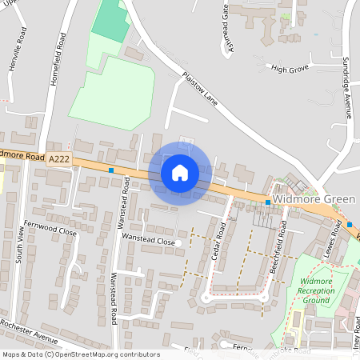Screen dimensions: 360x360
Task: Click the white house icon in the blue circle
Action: (x=179, y=173)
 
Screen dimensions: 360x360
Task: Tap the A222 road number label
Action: (x=59, y=160)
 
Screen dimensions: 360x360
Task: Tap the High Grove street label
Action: (x=289, y=70)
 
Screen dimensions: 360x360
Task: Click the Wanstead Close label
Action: (x=147, y=238)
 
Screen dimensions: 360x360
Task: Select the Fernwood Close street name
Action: (x=50, y=230)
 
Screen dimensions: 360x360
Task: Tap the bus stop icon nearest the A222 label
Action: (x=111, y=170)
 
